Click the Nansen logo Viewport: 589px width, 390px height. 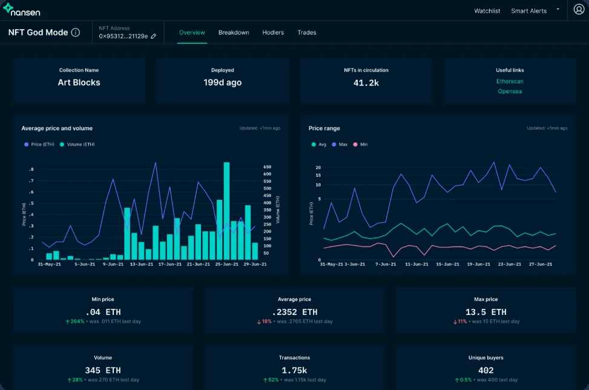point(21,10)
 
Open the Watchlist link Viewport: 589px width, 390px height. point(487,11)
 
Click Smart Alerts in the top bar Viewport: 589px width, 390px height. point(528,11)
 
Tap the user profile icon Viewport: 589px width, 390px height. point(579,10)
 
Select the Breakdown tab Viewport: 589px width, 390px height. point(234,33)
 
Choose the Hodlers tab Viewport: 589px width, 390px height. point(273,33)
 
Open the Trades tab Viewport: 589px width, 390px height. point(306,33)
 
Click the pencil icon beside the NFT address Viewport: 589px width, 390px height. point(153,36)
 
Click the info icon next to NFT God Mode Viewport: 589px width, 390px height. point(76,32)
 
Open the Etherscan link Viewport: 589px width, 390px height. point(510,82)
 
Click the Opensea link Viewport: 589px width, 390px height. point(510,91)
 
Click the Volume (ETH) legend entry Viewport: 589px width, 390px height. point(77,144)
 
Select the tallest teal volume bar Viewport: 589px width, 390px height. point(226,211)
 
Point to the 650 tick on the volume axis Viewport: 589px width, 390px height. point(267,167)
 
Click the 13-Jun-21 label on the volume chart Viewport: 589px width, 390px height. point(142,264)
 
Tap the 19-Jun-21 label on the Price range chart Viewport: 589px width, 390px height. point(479,264)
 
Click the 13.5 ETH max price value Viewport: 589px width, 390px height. point(485,312)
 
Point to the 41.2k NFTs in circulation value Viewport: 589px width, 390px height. point(366,83)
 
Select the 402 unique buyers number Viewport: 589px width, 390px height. point(485,371)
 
